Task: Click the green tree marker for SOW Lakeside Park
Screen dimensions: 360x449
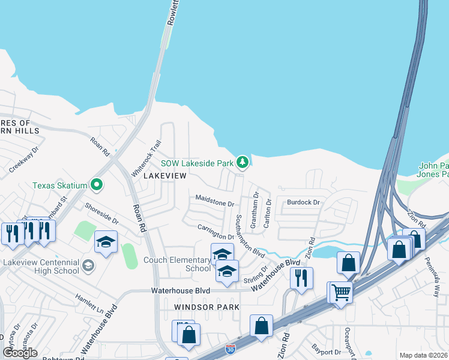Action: pos(243,162)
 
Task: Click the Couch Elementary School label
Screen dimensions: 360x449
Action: pos(177,264)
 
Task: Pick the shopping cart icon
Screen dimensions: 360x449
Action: pos(341,292)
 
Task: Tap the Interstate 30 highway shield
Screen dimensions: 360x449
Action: pos(231,349)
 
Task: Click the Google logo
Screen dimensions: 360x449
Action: pos(20,353)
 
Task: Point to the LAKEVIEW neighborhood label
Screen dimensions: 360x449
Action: pos(165,176)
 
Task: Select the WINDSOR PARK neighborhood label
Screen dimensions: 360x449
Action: pos(206,307)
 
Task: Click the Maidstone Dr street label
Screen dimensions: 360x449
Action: pos(214,200)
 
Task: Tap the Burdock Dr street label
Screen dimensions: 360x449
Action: pos(303,203)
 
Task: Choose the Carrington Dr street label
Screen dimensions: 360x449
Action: pos(215,232)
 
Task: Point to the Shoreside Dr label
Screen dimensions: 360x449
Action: pos(101,212)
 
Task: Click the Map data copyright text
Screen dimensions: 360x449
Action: pos(423,355)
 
